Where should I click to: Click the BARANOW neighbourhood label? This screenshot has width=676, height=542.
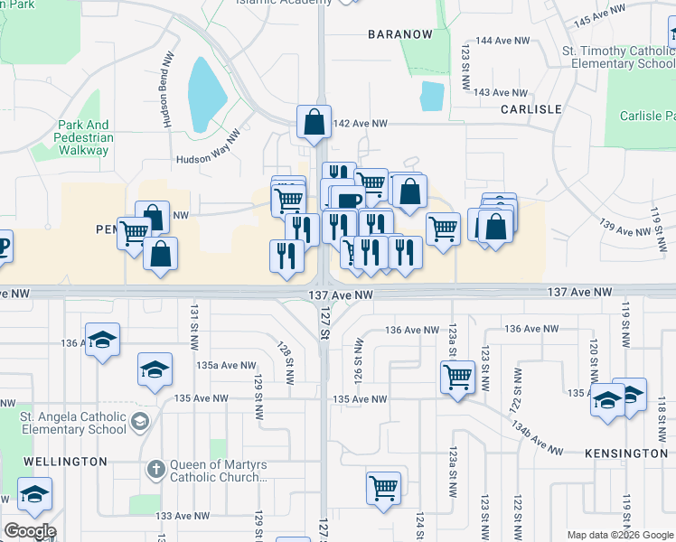point(400,34)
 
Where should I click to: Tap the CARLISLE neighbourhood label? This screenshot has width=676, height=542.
point(531,109)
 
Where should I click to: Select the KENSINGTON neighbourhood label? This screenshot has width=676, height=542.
point(625,453)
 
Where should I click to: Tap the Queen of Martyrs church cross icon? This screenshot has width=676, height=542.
point(155,470)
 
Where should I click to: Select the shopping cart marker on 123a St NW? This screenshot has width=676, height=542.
point(457,376)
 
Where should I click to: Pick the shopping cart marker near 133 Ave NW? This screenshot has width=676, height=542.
point(384,488)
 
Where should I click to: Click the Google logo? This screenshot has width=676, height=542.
point(31,531)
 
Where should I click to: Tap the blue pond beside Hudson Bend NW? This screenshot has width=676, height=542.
point(207,93)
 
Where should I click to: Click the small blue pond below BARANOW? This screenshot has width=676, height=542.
point(432,95)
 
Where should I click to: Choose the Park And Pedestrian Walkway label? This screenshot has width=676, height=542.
point(84,138)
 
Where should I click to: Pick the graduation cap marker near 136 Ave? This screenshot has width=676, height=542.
point(103,340)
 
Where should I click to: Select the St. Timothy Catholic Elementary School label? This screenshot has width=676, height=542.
point(618,58)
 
